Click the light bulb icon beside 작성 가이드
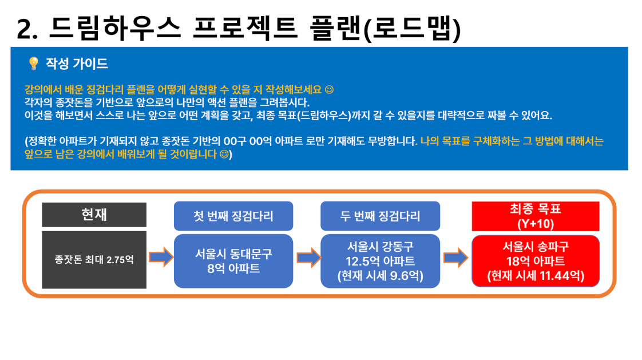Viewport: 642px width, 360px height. point(34,64)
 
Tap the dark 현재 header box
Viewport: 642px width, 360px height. point(94,215)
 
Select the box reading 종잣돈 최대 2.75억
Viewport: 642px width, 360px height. point(94,260)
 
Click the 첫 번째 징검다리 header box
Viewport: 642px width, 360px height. point(233,216)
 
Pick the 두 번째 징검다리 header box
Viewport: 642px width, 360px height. point(381,216)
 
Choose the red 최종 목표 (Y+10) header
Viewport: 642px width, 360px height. point(536,216)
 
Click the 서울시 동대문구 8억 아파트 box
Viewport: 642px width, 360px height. point(233,261)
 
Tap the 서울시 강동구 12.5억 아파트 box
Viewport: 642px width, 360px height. point(381,261)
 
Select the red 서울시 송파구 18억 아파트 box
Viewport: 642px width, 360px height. point(536,261)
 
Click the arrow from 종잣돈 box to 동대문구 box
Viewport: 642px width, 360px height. point(161,257)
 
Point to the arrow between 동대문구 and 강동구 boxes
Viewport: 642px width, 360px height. point(308,258)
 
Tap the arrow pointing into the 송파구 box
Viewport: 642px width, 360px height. point(455,258)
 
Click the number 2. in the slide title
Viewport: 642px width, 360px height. point(27,30)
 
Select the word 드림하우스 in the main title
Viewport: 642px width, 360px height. point(114,28)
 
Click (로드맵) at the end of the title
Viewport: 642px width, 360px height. point(413,29)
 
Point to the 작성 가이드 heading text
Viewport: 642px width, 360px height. point(77,64)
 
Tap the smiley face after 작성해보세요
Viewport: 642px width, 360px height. point(329,89)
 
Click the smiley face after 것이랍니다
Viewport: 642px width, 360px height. point(224,155)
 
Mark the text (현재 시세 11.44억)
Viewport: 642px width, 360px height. point(536,276)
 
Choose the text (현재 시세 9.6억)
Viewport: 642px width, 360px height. point(381,276)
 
